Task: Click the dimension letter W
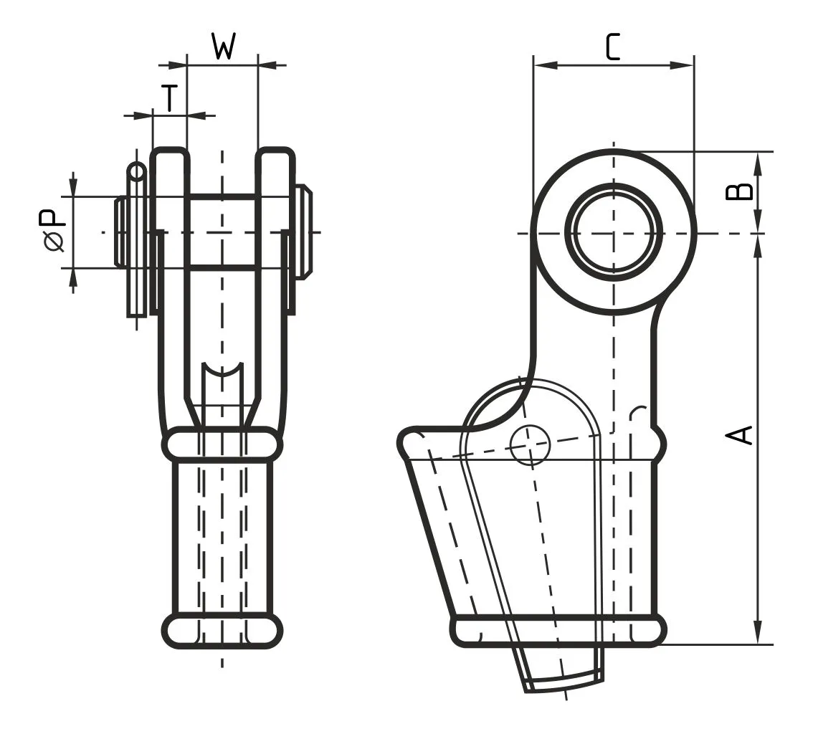coord(224,47)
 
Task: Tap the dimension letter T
coord(168,97)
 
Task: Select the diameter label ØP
coord(54,231)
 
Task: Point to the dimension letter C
coord(612,47)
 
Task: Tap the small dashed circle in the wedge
coord(530,445)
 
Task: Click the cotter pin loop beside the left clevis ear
coord(135,172)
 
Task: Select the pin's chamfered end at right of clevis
coord(304,232)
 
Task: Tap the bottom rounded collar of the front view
coord(222,631)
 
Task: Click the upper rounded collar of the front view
coord(222,444)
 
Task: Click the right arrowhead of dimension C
coord(685,65)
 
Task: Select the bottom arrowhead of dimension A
coord(759,635)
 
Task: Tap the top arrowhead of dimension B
coord(759,161)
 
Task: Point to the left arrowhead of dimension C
coord(543,65)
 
